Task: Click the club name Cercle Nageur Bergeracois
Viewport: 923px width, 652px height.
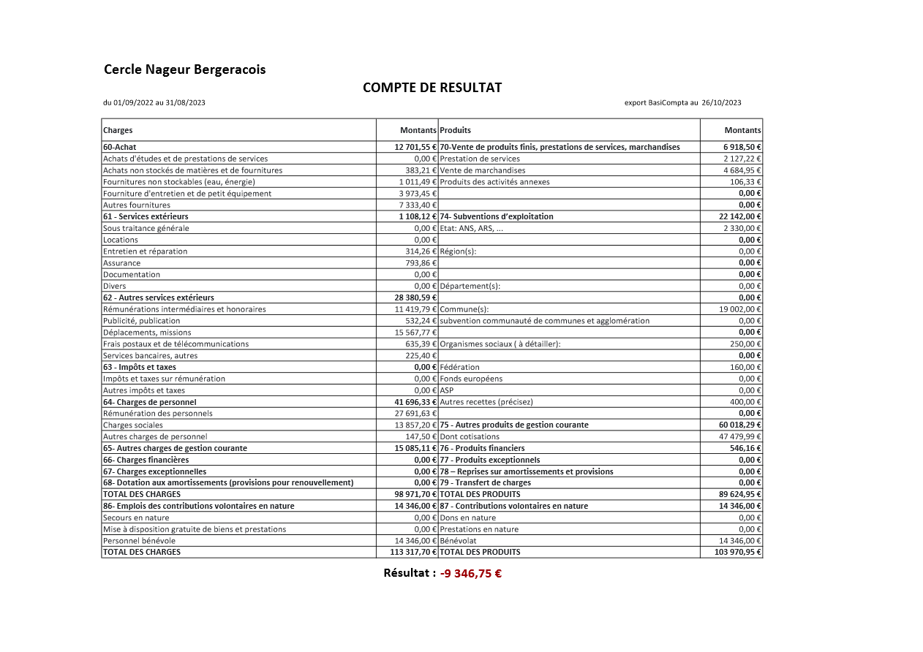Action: pyautogui.click(x=184, y=70)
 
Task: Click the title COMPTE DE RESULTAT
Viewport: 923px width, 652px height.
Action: pyautogui.click(x=432, y=88)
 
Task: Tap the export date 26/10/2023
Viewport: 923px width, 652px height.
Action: pyautogui.click(x=721, y=103)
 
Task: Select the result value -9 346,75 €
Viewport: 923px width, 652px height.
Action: pyautogui.click(x=471, y=574)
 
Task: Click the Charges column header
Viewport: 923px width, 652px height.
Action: pyautogui.click(x=118, y=130)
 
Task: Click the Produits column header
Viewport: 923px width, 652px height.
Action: pyautogui.click(x=455, y=130)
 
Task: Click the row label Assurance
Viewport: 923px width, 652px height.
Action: pyautogui.click(x=121, y=263)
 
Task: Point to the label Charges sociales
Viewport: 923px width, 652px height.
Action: pyautogui.click(x=133, y=425)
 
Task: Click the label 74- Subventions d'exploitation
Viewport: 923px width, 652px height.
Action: pyautogui.click(x=497, y=216)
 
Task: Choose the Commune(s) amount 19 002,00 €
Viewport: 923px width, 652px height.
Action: pyautogui.click(x=740, y=309)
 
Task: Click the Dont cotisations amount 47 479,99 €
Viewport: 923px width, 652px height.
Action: pyautogui.click(x=740, y=437)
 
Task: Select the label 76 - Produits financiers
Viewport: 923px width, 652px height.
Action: pyautogui.click(x=482, y=448)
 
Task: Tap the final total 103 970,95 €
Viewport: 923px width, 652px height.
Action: pyautogui.click(x=738, y=553)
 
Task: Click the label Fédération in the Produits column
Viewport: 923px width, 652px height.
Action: pyautogui.click(x=459, y=367)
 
